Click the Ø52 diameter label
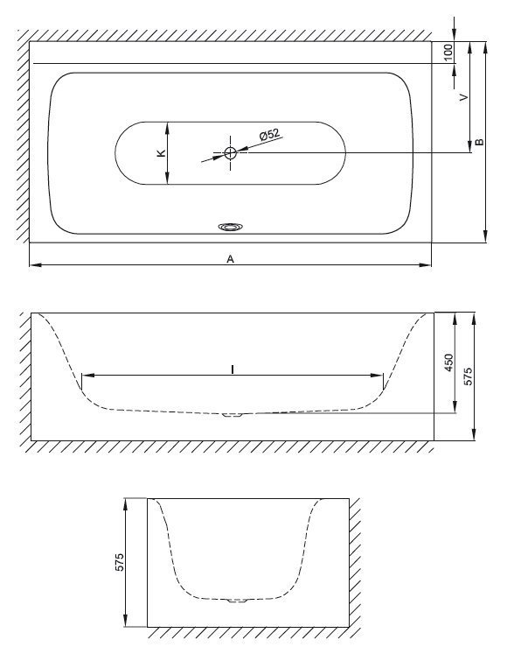point(269,134)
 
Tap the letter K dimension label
point(162,153)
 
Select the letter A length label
point(230,259)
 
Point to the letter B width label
point(479,142)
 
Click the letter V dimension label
point(464,97)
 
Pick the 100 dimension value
point(448,53)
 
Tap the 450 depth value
point(449,362)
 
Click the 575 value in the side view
point(469,376)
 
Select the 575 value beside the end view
point(119,562)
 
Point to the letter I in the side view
point(233,369)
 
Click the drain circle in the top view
point(230,153)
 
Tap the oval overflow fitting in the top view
point(230,227)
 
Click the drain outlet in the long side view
point(233,415)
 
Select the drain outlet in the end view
point(238,601)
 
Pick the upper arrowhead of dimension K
point(167,128)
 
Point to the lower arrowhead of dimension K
point(167,179)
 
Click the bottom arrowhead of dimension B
point(485,237)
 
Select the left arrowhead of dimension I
point(88,375)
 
